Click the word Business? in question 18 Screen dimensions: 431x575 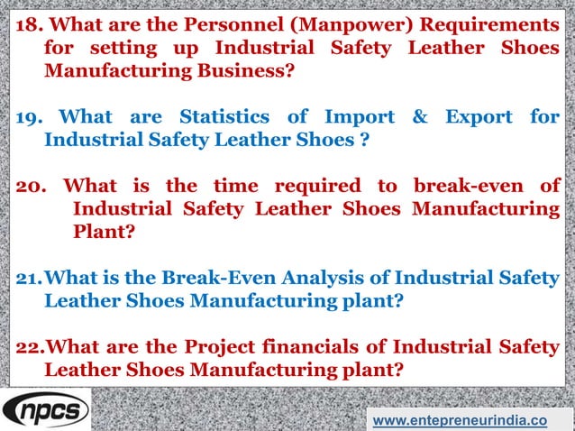[x=242, y=69]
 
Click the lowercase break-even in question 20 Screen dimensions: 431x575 [x=465, y=187]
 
